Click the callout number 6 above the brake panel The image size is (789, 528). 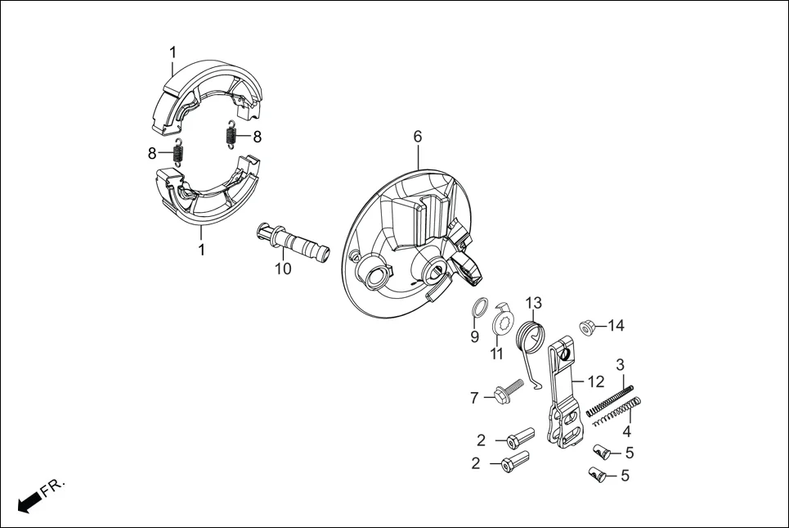point(418,137)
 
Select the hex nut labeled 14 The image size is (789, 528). point(586,327)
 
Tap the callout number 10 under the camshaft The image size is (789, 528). point(282,269)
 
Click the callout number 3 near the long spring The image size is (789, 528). point(621,363)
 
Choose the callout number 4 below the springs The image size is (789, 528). point(627,431)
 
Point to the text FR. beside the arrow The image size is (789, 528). point(52,488)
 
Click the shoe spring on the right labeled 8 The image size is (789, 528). point(231,133)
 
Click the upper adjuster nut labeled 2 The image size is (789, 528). point(518,439)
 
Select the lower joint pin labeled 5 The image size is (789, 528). point(598,474)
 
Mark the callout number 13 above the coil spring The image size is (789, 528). point(533,303)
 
